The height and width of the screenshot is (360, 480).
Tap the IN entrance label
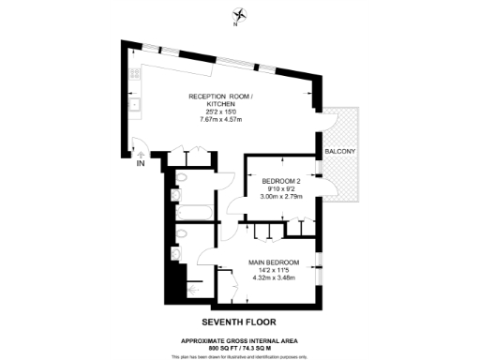[x=141, y=164]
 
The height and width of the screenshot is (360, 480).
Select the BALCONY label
[x=338, y=151]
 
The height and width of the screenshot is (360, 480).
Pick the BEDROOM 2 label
[x=281, y=180]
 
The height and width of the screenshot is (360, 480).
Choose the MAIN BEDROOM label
[x=274, y=262]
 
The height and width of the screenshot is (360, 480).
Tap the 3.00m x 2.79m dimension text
[x=281, y=197]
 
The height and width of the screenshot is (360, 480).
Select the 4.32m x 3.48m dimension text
[x=274, y=278]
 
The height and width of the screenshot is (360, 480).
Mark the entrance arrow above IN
[x=140, y=154]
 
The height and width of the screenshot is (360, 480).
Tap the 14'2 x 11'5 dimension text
[x=274, y=270]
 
